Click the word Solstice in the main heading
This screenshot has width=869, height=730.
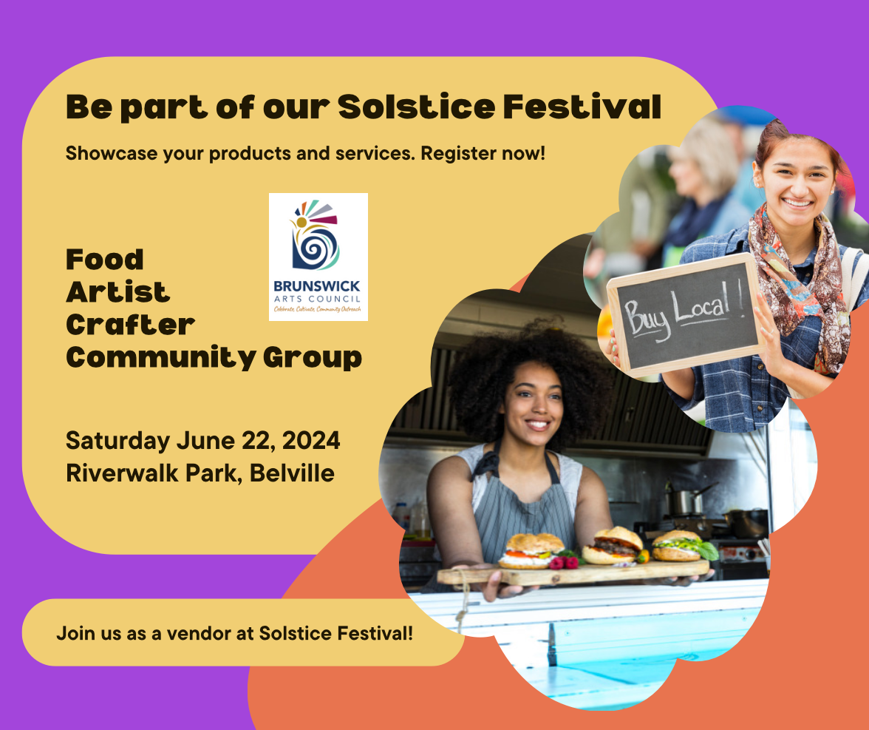click(416, 107)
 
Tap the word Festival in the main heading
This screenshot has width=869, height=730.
click(582, 107)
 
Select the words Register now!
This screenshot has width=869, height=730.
click(483, 153)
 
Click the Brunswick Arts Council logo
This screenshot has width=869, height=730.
click(318, 257)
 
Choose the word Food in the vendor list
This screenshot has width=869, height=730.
click(105, 260)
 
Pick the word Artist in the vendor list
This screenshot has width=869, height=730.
click(117, 291)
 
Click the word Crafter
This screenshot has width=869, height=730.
click(130, 325)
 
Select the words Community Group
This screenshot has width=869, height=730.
click(214, 358)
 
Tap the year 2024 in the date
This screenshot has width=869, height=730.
click(311, 441)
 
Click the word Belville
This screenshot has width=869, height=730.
click(291, 473)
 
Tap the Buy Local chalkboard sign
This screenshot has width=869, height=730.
click(685, 314)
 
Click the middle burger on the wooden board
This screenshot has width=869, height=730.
click(613, 546)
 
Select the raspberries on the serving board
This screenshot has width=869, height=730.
click(564, 562)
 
